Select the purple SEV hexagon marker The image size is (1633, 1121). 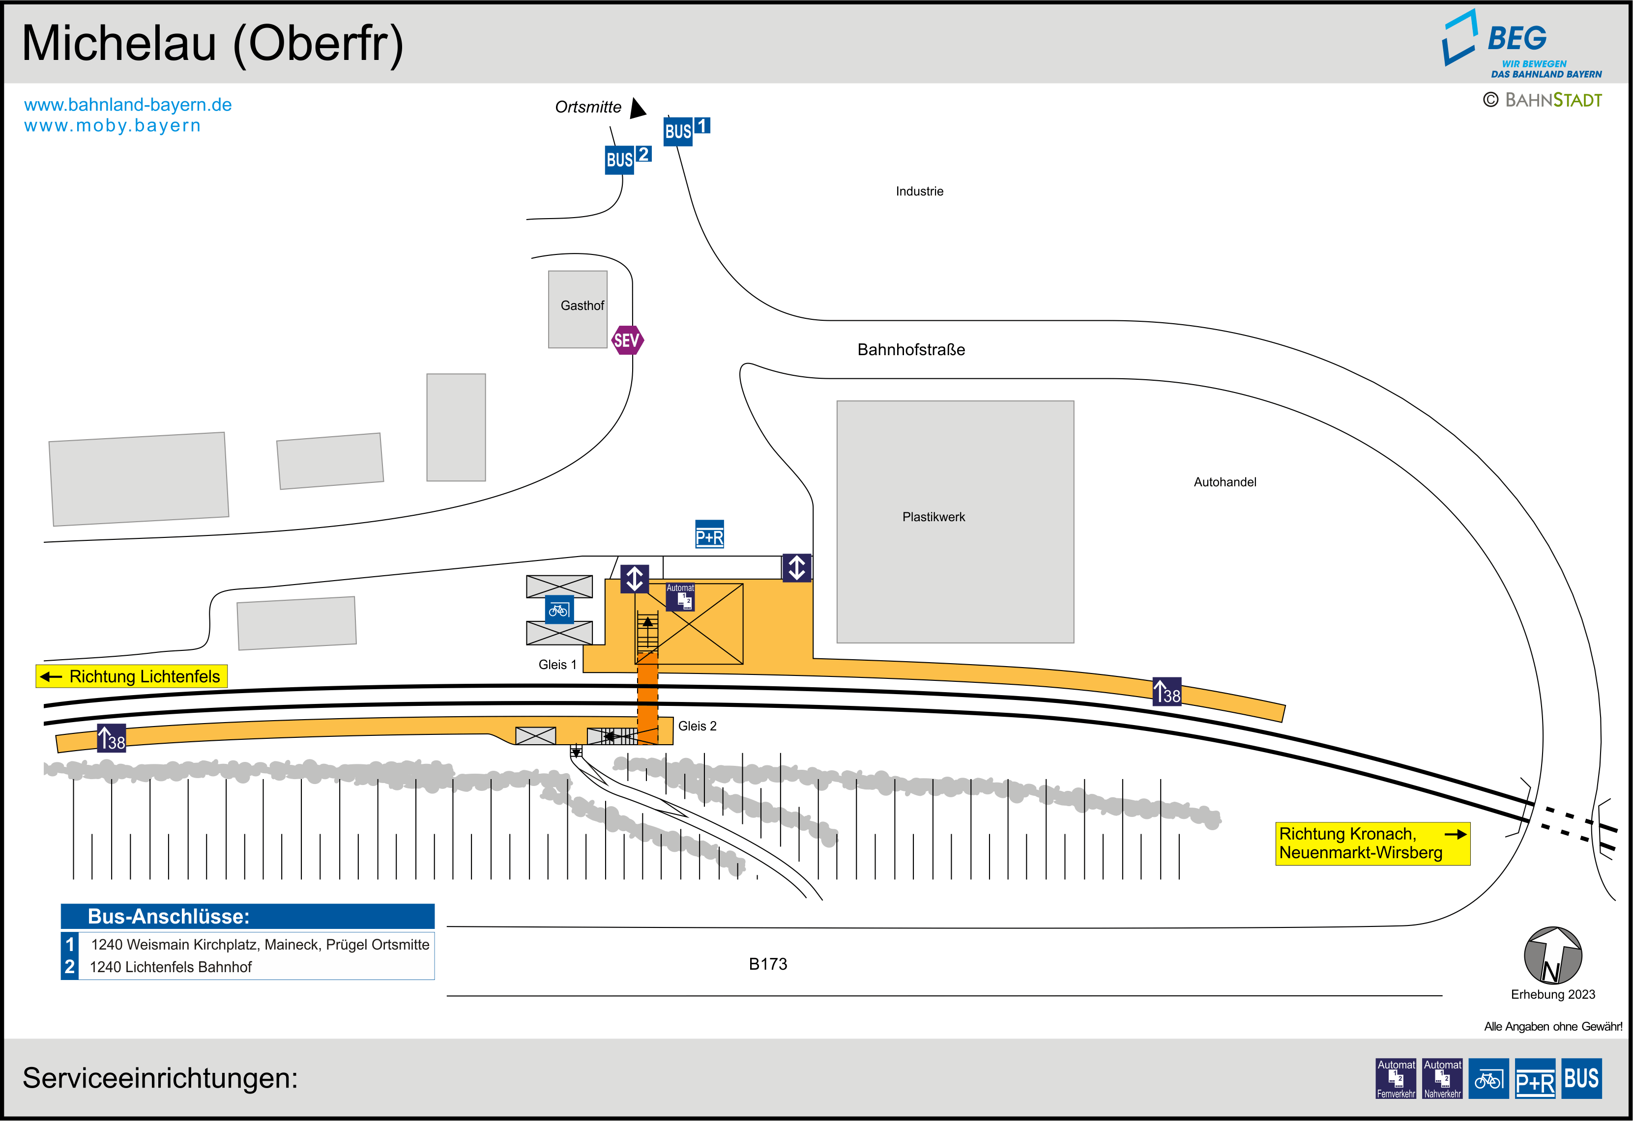click(x=627, y=340)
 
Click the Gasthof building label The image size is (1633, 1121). click(x=582, y=306)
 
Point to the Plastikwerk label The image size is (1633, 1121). click(x=933, y=517)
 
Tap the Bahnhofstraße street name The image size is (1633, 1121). click(x=911, y=350)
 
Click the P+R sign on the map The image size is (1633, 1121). click(x=709, y=534)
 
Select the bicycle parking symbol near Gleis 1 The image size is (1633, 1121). click(x=558, y=610)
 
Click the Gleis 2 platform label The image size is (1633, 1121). click(x=697, y=726)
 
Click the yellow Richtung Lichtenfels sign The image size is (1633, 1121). click(x=131, y=676)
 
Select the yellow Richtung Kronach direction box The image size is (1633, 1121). click(x=1371, y=843)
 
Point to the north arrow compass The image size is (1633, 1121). click(x=1552, y=956)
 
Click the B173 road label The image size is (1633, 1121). click(x=767, y=964)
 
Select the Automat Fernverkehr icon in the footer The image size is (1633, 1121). click(x=1396, y=1078)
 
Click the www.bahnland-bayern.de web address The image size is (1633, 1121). click(x=128, y=105)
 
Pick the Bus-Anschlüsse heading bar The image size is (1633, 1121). click(x=247, y=916)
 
